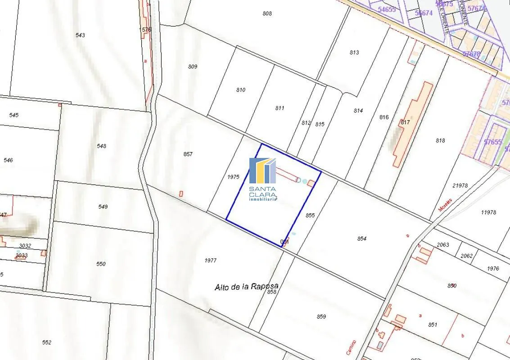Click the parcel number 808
(x=267, y=13)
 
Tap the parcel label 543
(x=81, y=35)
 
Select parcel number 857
(x=188, y=154)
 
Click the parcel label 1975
(x=233, y=177)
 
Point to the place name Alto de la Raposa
(x=247, y=286)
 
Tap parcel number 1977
(x=211, y=261)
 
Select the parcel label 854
(x=362, y=239)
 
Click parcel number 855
(x=310, y=216)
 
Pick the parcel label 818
(x=440, y=141)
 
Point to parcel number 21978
(x=460, y=185)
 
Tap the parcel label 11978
(x=488, y=212)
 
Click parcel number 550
(x=101, y=264)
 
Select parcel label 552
(x=46, y=342)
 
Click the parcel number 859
(x=321, y=317)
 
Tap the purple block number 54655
(x=387, y=9)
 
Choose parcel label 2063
(x=443, y=245)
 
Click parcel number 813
(x=354, y=53)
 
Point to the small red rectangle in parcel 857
(x=181, y=193)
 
